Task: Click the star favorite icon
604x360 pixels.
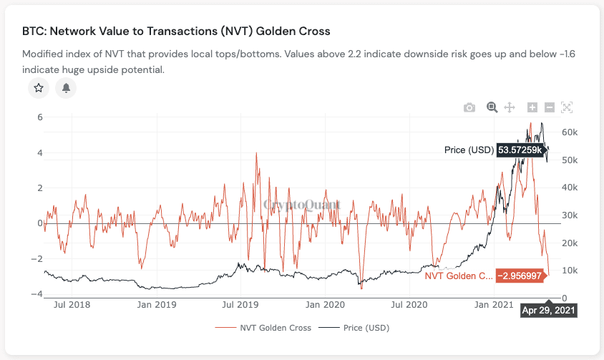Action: pos(39,88)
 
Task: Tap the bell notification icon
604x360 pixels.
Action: pos(66,88)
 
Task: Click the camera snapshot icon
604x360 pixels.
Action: pos(469,107)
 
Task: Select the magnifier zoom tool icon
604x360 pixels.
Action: pos(492,107)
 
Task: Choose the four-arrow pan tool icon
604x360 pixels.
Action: pos(510,107)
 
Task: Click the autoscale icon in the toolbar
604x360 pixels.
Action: pos(567,107)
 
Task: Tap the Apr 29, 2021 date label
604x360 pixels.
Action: pos(548,310)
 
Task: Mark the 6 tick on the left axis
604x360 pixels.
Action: pos(40,117)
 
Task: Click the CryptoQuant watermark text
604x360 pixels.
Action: pos(302,205)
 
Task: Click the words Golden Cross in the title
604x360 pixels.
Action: pos(291,32)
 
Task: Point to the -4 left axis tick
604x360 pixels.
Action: pos(37,294)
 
